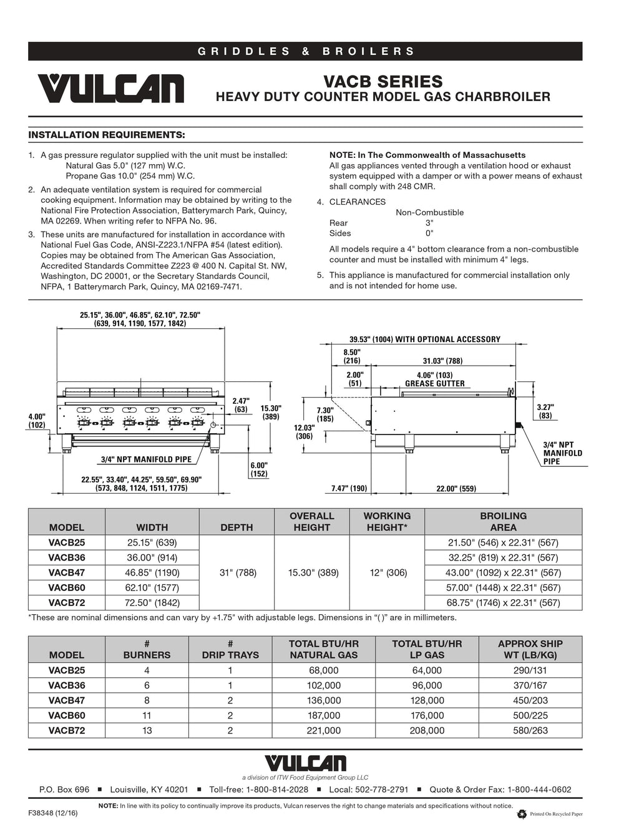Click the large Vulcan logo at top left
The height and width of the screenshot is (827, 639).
pyautogui.click(x=110, y=88)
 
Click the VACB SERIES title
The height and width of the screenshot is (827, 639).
pyautogui.click(x=383, y=82)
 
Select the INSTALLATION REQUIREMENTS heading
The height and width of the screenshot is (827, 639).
pyautogui.click(x=107, y=135)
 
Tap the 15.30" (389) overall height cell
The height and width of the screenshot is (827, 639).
pyautogui.click(x=312, y=572)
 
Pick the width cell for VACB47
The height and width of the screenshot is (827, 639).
pyautogui.click(x=152, y=572)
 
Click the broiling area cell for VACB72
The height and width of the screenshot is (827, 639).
pyautogui.click(x=503, y=603)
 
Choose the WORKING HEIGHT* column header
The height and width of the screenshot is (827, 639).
pyautogui.click(x=387, y=522)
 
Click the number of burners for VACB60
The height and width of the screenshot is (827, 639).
pyautogui.click(x=147, y=715)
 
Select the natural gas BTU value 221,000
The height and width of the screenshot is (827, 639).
pyautogui.click(x=323, y=730)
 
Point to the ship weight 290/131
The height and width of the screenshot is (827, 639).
pyautogui.click(x=530, y=670)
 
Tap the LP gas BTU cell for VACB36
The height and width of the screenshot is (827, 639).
pyautogui.click(x=427, y=685)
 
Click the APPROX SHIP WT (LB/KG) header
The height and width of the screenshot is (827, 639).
pyautogui.click(x=530, y=649)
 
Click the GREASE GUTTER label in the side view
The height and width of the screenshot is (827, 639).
pyautogui.click(x=435, y=384)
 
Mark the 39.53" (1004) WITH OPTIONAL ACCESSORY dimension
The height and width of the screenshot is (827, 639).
pyautogui.click(x=424, y=340)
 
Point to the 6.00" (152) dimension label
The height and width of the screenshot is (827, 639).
pyautogui.click(x=259, y=469)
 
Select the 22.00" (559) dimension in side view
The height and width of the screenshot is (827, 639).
pyautogui.click(x=456, y=489)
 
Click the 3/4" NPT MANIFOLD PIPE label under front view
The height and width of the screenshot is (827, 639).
pyautogui.click(x=146, y=459)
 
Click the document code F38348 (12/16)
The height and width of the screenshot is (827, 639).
pyautogui.click(x=53, y=814)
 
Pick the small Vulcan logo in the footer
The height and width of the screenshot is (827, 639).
pyautogui.click(x=305, y=763)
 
